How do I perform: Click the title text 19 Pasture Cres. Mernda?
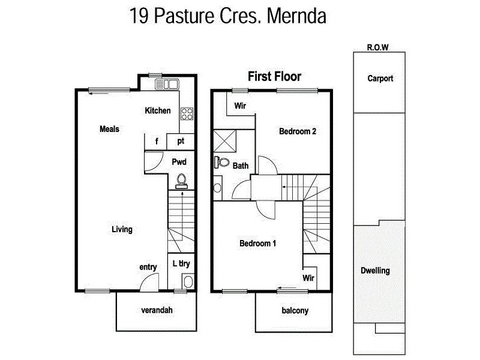point(227,16)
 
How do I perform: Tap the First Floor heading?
point(274,76)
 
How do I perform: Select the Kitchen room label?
point(158,111)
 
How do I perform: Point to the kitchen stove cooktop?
point(187,113)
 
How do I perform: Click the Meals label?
point(109,129)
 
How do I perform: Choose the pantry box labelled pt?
point(180,142)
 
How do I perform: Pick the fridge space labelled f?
point(156,142)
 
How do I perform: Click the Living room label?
point(122,229)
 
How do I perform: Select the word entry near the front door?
point(148,267)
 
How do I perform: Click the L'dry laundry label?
point(181,263)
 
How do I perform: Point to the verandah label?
point(157,311)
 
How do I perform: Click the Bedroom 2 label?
point(298,132)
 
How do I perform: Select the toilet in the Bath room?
point(221,162)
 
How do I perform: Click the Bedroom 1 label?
point(257,243)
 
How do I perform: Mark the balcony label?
point(295,311)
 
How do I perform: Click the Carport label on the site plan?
point(381,79)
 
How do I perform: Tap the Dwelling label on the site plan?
point(375,271)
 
